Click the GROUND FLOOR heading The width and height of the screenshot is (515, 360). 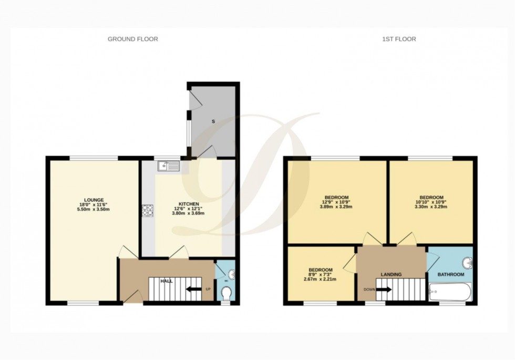132,39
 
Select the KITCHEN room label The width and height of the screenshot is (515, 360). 188,203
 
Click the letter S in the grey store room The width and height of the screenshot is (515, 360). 213,122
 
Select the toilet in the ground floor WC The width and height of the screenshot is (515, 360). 226,292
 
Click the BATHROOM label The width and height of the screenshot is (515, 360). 451,275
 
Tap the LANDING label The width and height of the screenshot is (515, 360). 391,275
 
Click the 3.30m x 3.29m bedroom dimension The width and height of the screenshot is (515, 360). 431,207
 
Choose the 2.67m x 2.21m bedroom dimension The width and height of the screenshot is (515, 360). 320,279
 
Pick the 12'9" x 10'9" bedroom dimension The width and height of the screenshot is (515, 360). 337,202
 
